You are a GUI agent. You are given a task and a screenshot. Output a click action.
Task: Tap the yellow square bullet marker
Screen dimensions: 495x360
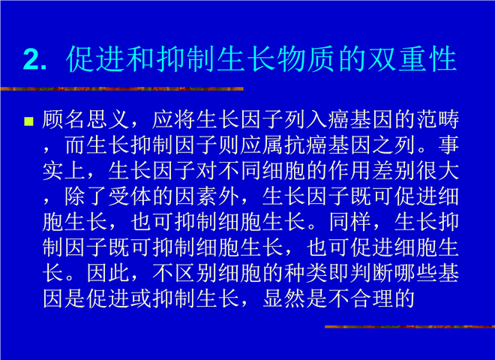pyautogui.click(x=28, y=121)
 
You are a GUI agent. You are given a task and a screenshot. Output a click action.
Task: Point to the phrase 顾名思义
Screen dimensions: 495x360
pyautogui.click(x=85, y=120)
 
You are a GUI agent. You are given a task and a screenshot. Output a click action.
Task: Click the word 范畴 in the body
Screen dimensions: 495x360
pyautogui.click(x=438, y=120)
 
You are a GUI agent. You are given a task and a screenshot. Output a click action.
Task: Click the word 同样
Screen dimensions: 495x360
pyautogui.click(x=350, y=222)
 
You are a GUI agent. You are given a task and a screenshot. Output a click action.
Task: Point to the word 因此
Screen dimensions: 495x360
pyautogui.click(x=108, y=272)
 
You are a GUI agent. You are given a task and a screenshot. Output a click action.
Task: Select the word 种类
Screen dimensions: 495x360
pyautogui.click(x=305, y=272)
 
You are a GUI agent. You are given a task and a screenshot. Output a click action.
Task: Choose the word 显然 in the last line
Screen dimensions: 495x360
pyautogui.click(x=283, y=298)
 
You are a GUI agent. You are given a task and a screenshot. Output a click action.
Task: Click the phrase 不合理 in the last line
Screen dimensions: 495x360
pyautogui.click(x=361, y=298)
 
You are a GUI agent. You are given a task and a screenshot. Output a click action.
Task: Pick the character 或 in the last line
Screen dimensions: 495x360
pyautogui.click(x=141, y=298)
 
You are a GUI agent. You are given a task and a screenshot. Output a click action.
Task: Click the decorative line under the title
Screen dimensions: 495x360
pyautogui.click(x=121, y=88)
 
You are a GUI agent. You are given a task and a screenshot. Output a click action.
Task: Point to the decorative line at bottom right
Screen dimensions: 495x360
pyautogui.click(x=409, y=326)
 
